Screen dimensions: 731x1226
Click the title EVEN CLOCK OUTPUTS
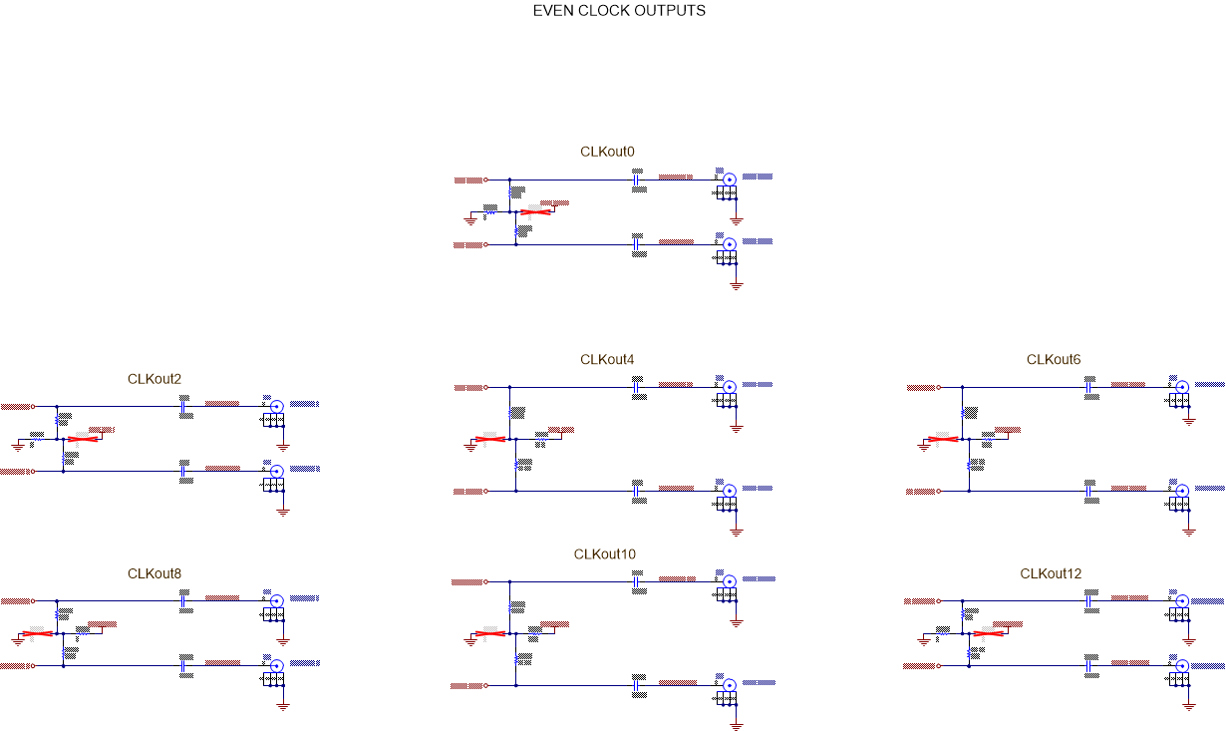pos(619,11)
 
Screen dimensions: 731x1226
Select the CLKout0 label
pos(607,152)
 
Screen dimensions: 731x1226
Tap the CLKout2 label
pos(154,378)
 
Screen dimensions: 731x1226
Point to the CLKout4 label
pos(607,359)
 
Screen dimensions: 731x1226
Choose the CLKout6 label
pos(1054,359)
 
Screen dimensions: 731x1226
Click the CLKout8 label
pos(154,573)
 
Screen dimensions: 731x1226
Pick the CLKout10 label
pos(604,553)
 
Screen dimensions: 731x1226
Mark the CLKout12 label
pos(1051,573)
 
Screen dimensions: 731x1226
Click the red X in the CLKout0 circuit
pos(536,212)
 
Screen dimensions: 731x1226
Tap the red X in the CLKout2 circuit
pos(84,439)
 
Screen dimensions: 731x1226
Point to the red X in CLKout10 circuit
pos(489,633)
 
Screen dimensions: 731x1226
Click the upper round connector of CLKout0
pos(730,179)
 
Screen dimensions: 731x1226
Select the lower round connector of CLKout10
pos(730,685)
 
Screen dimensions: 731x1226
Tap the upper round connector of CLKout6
pos(1182,386)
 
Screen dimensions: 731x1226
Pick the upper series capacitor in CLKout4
pos(636,387)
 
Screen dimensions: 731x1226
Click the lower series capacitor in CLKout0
pos(636,243)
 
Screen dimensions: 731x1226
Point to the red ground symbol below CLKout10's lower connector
pos(737,726)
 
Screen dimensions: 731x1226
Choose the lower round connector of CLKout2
pos(277,471)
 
